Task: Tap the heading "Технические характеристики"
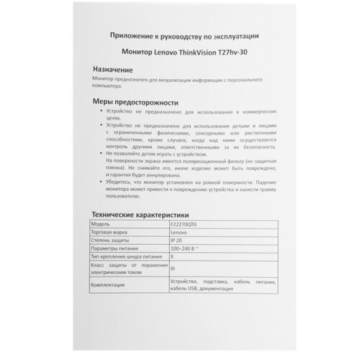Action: (x=139, y=213)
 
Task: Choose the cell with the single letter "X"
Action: (x=172, y=256)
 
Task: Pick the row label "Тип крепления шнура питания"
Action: (x=123, y=256)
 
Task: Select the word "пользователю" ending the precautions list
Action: (x=122, y=197)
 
